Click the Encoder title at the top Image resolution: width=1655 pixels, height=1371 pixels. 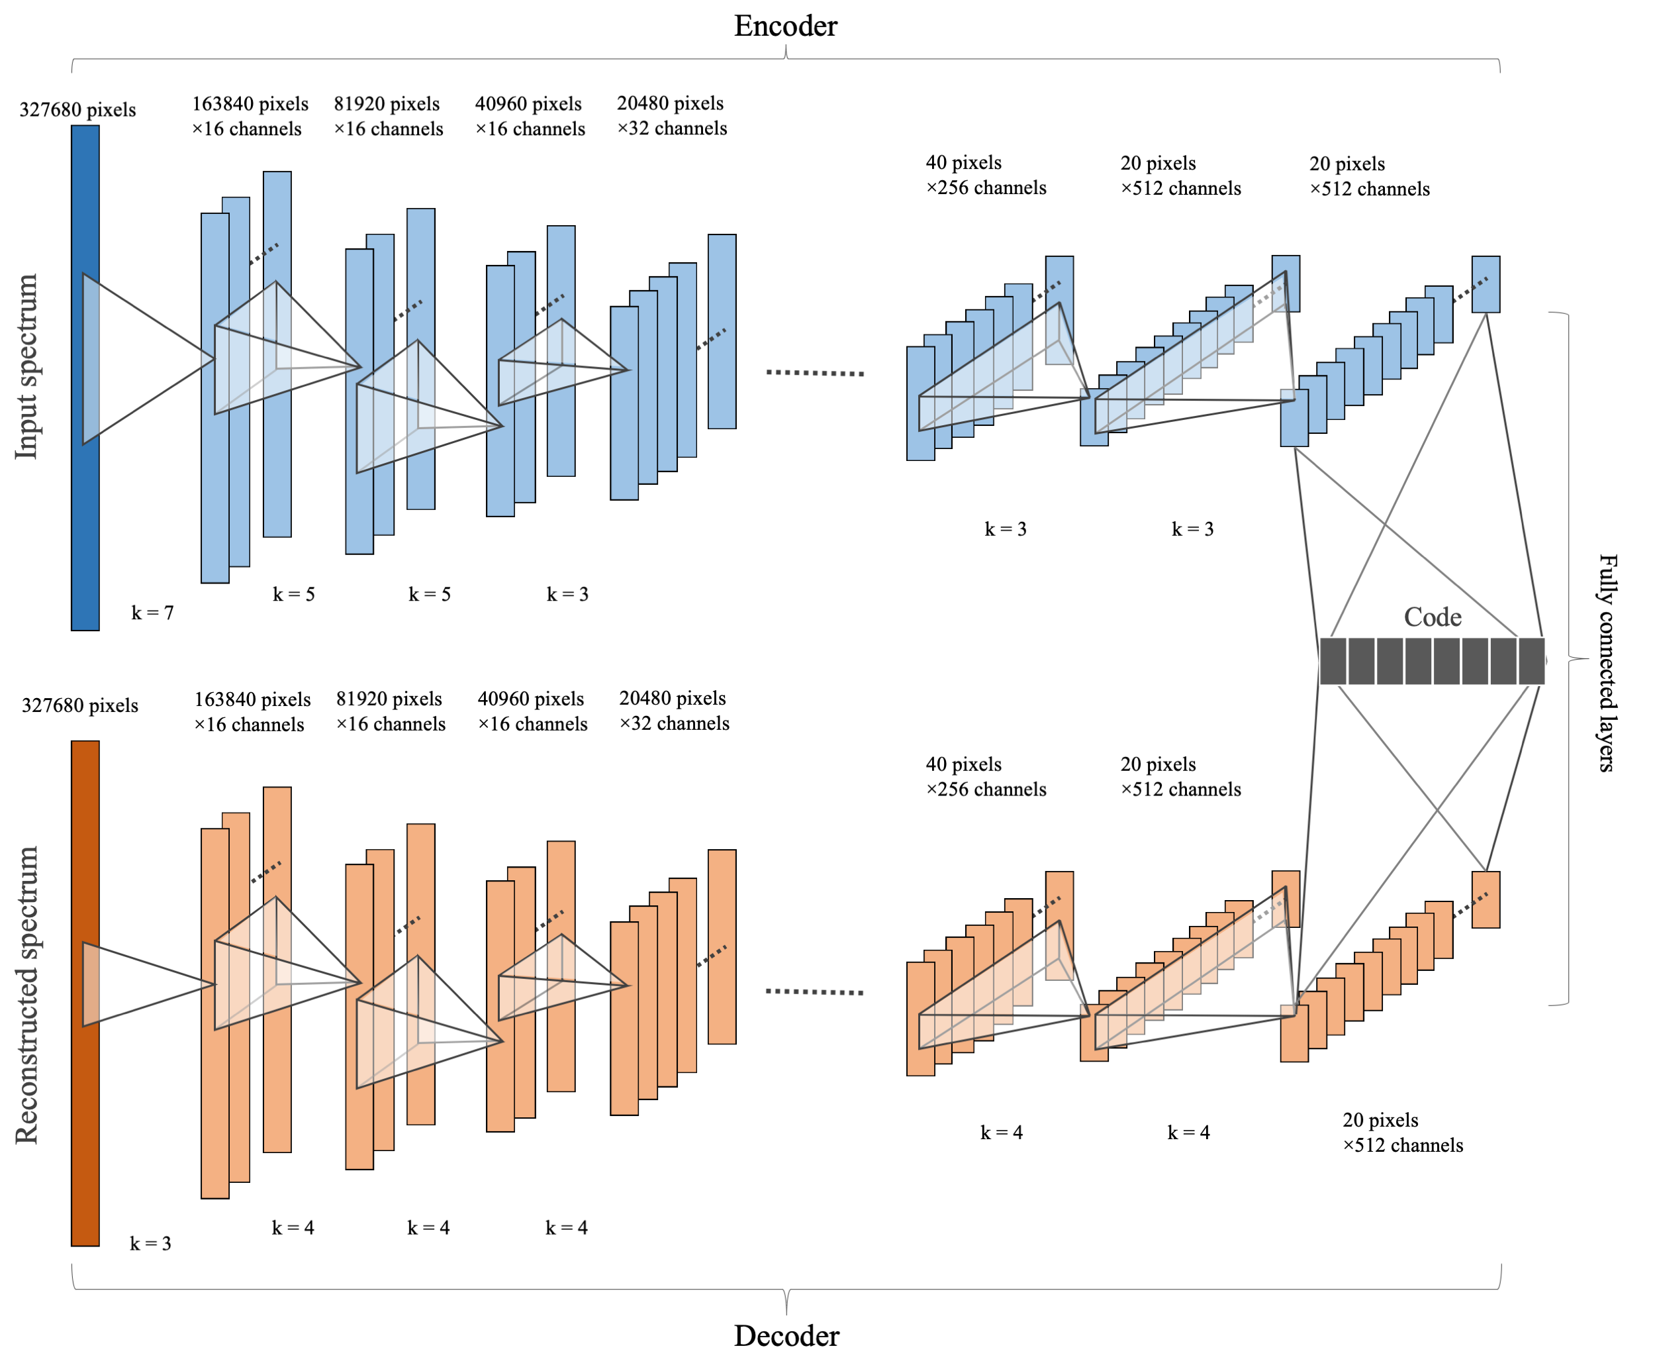(x=785, y=26)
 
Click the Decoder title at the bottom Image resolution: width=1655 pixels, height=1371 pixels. (x=786, y=1335)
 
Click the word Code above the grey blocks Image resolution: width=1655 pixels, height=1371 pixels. (x=1432, y=617)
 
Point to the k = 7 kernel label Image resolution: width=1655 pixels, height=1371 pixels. (x=152, y=613)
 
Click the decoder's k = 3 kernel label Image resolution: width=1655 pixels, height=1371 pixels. (x=150, y=1243)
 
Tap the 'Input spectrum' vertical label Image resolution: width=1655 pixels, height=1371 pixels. (x=26, y=367)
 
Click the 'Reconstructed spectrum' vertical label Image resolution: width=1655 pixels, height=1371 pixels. (x=26, y=995)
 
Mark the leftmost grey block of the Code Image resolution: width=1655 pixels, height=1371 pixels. (x=1333, y=661)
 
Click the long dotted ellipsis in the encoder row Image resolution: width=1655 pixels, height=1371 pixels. (x=815, y=372)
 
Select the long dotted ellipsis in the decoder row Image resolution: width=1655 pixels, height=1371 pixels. (x=815, y=991)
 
